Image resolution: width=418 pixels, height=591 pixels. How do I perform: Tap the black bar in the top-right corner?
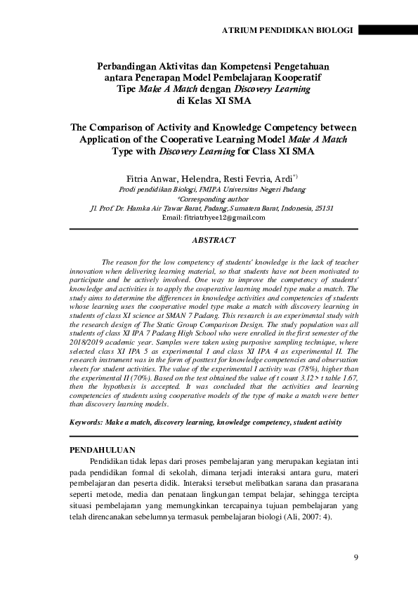click(x=388, y=31)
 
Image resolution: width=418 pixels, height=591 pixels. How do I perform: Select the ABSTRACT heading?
click(x=213, y=241)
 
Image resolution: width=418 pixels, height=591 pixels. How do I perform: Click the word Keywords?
click(x=84, y=423)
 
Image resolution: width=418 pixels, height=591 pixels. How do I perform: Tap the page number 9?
click(x=356, y=557)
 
